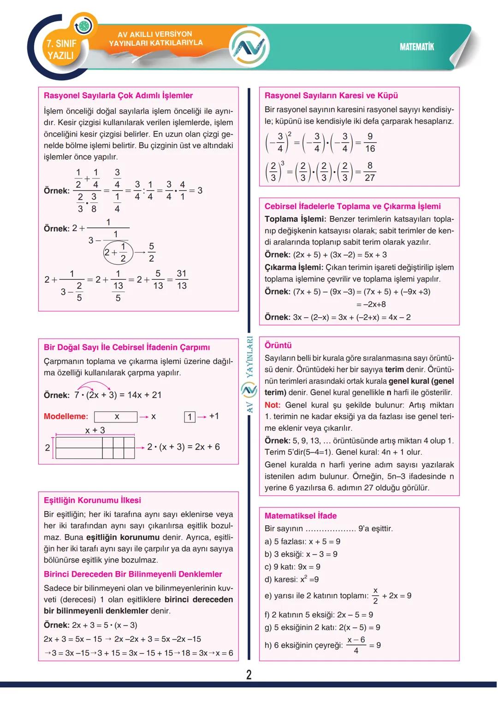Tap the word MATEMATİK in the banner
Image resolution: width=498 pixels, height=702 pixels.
pyautogui.click(x=417, y=47)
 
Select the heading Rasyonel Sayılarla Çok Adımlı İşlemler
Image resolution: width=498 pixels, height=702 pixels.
pyautogui.click(x=118, y=95)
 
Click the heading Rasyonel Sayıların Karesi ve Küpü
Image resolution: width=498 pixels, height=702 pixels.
pyautogui.click(x=331, y=95)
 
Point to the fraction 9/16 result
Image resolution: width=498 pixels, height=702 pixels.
pyautogui.click(x=370, y=143)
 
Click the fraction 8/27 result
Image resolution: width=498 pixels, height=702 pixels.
pyautogui.click(x=369, y=172)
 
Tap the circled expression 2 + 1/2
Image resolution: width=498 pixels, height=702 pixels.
pyautogui.click(x=118, y=252)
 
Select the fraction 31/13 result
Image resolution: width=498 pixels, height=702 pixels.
pyautogui.click(x=182, y=280)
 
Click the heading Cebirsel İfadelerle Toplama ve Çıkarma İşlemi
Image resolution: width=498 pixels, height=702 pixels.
pyautogui.click(x=352, y=206)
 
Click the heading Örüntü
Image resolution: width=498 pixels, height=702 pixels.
pyautogui.click(x=278, y=345)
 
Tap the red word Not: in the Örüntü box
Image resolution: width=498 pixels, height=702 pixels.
pyautogui.click(x=273, y=405)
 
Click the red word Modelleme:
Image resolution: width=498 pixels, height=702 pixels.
pyautogui.click(x=65, y=416)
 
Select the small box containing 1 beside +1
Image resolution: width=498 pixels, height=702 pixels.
pyautogui.click(x=190, y=417)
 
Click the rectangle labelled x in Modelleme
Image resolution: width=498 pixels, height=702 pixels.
pyautogui.click(x=116, y=417)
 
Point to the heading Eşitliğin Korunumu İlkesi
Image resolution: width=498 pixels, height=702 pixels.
pyautogui.click(x=92, y=500)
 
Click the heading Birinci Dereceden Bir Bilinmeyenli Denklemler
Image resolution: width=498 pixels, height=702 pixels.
pyautogui.click(x=133, y=574)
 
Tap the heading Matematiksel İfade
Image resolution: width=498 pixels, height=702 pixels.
pyautogui.click(x=301, y=516)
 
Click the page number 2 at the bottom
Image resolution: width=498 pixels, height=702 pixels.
pyautogui.click(x=249, y=675)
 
